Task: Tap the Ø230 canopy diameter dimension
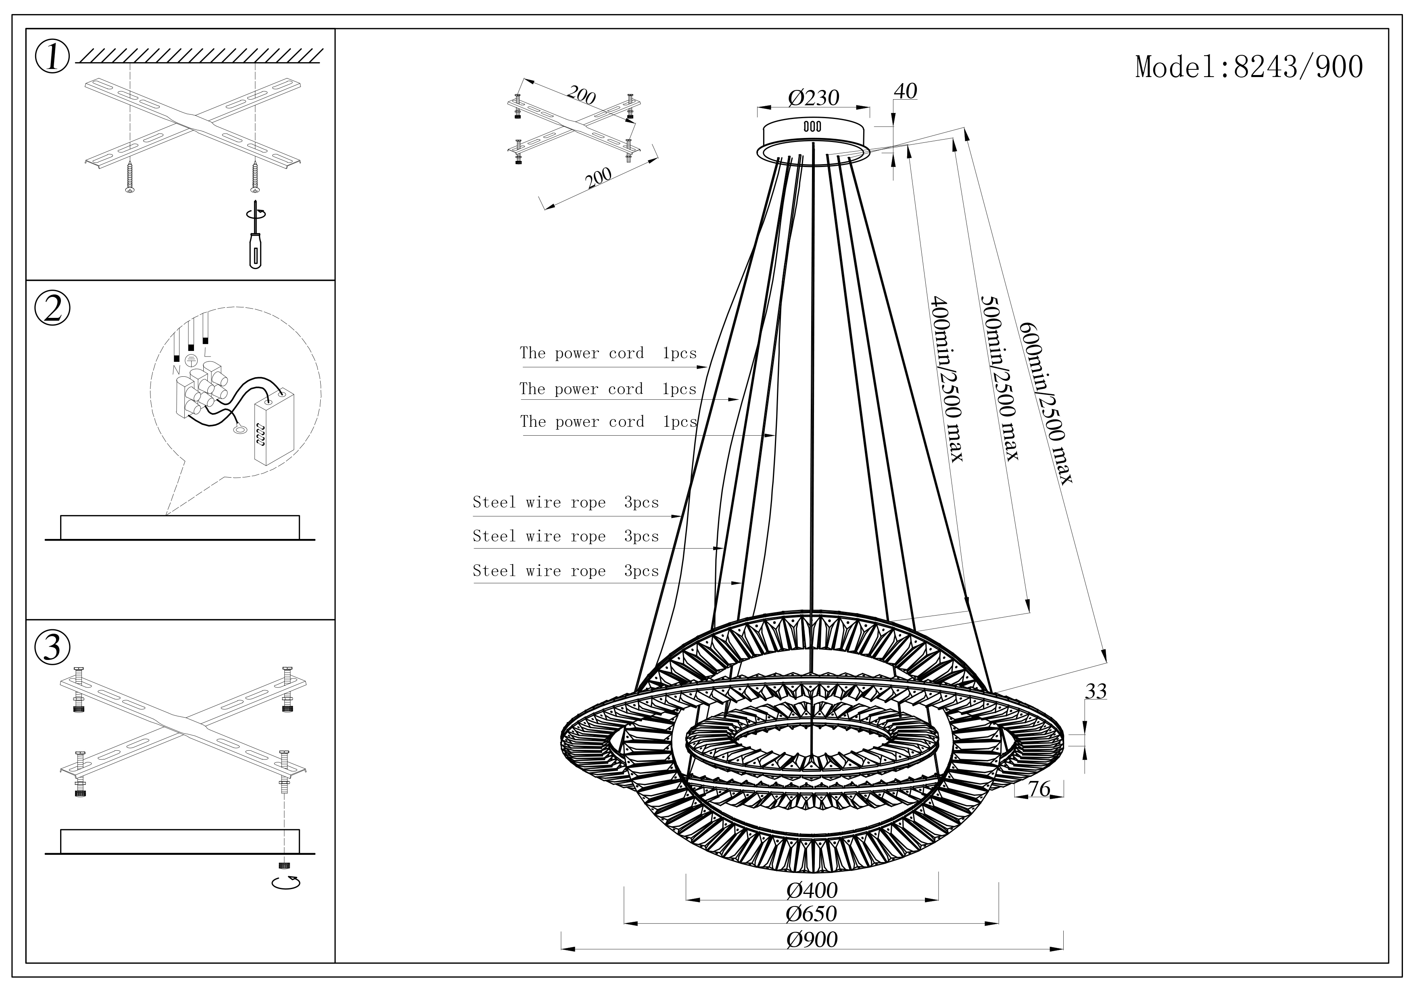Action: (814, 98)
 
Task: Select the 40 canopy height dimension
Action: (905, 91)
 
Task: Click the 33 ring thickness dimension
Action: (1096, 691)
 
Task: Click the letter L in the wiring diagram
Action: (207, 353)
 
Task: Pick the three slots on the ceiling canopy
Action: (812, 126)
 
